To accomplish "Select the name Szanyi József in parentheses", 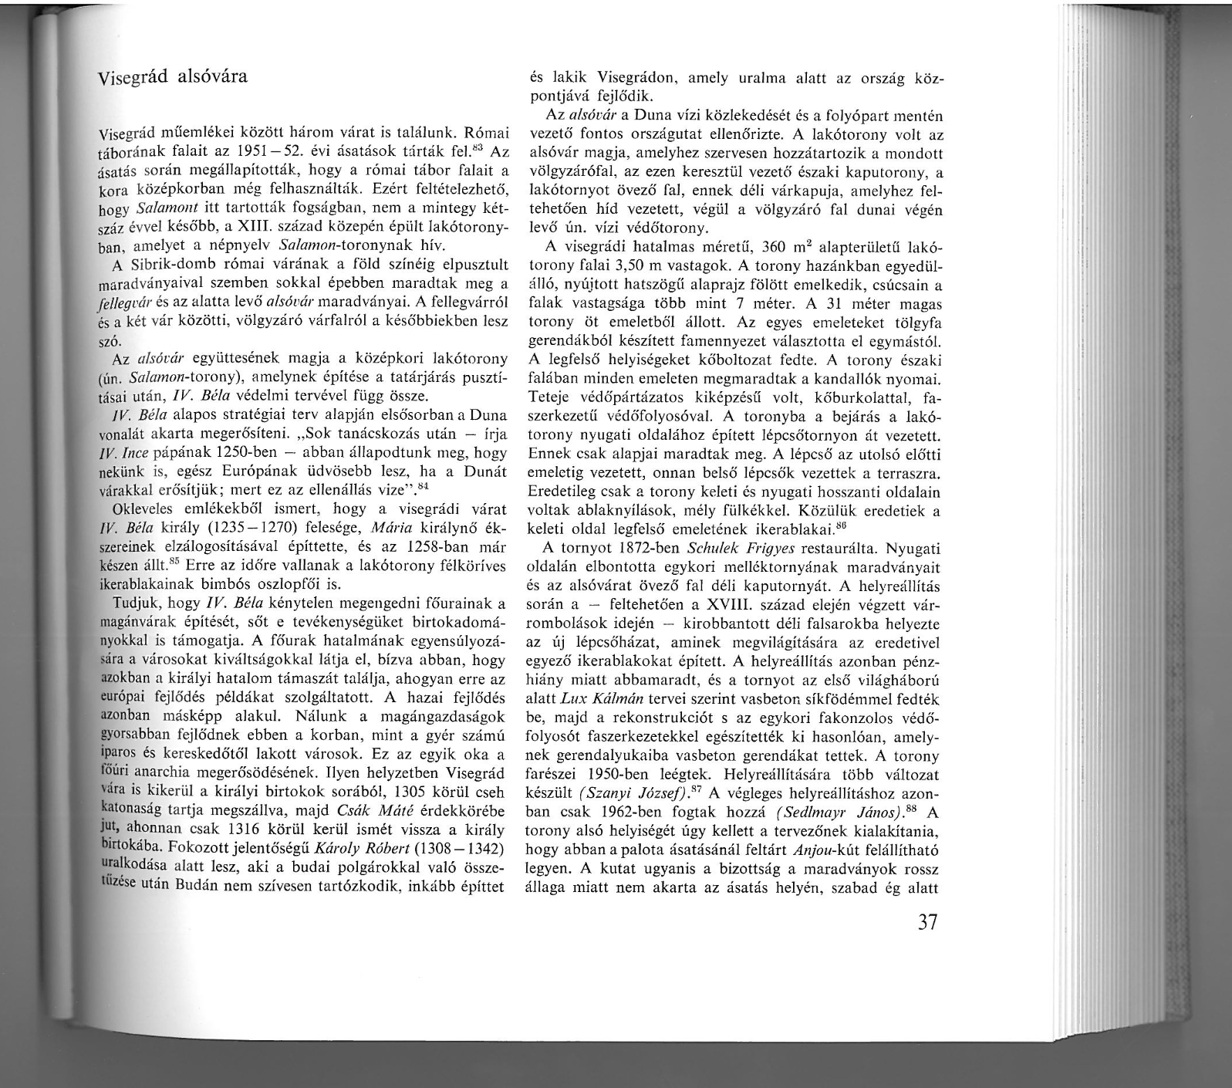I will (x=638, y=794).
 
